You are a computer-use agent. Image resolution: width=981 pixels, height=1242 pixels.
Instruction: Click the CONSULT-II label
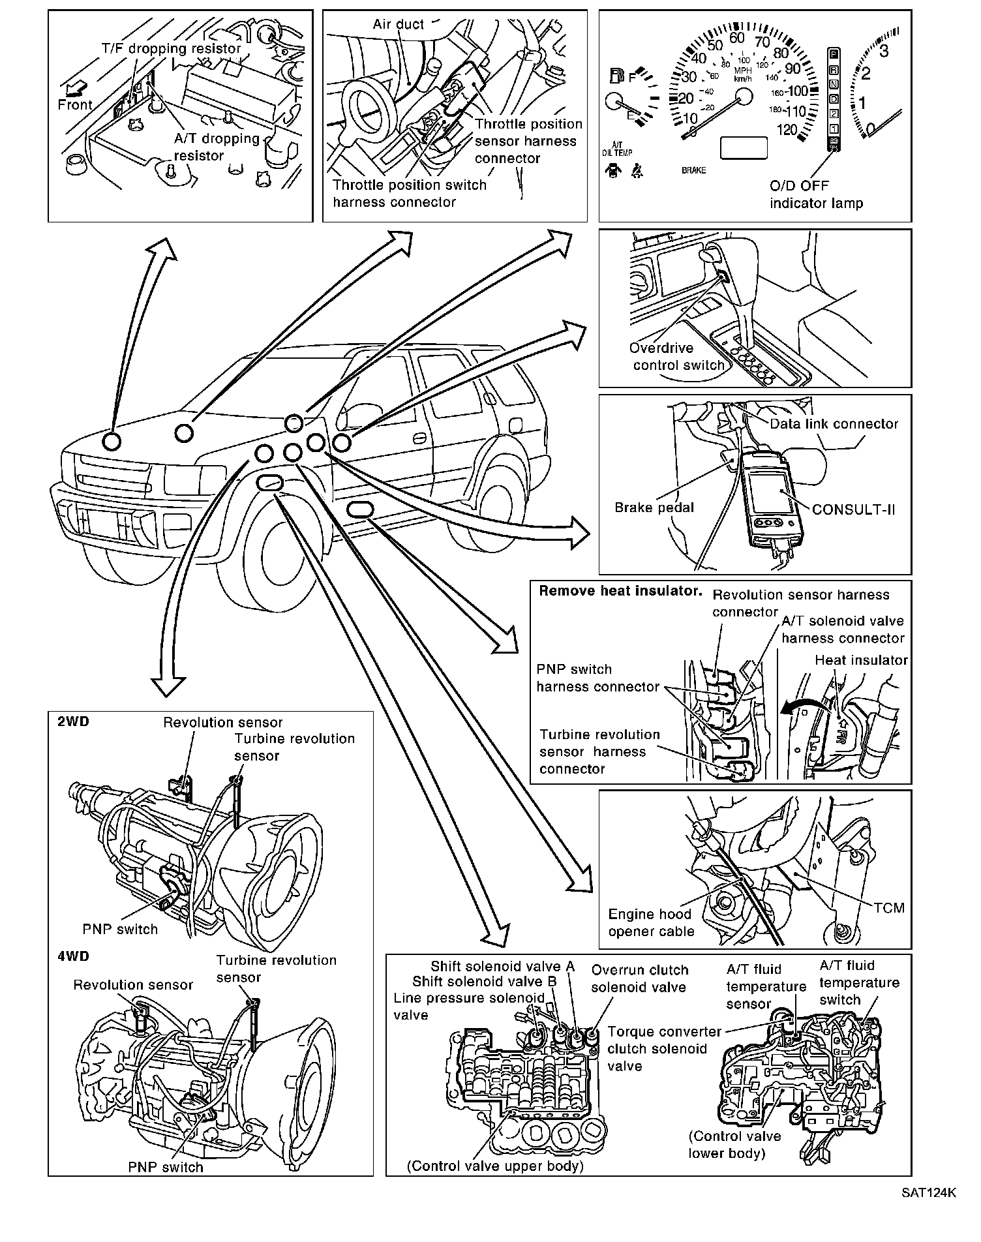tap(853, 509)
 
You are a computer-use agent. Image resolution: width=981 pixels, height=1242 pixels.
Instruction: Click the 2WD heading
tap(73, 722)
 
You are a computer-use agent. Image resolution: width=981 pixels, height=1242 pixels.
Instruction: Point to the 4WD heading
tap(73, 956)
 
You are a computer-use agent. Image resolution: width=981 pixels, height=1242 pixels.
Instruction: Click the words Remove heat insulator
tap(620, 591)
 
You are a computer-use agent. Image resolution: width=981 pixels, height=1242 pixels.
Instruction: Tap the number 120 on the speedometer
tap(787, 129)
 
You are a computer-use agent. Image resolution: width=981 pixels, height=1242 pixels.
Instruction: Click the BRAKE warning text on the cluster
tap(693, 170)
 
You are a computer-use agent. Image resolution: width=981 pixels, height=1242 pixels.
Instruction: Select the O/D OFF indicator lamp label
tap(816, 194)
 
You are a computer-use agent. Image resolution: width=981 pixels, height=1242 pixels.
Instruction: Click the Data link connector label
tap(834, 424)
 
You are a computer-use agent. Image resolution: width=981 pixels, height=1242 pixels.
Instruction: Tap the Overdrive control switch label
tap(678, 357)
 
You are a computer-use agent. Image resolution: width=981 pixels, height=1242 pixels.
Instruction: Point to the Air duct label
tap(399, 25)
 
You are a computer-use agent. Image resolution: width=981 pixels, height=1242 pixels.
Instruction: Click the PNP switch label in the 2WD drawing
tap(120, 929)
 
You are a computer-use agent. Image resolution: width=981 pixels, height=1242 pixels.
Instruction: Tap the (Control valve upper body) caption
tap(494, 1166)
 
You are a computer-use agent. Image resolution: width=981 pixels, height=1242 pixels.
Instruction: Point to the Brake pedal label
tap(654, 507)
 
